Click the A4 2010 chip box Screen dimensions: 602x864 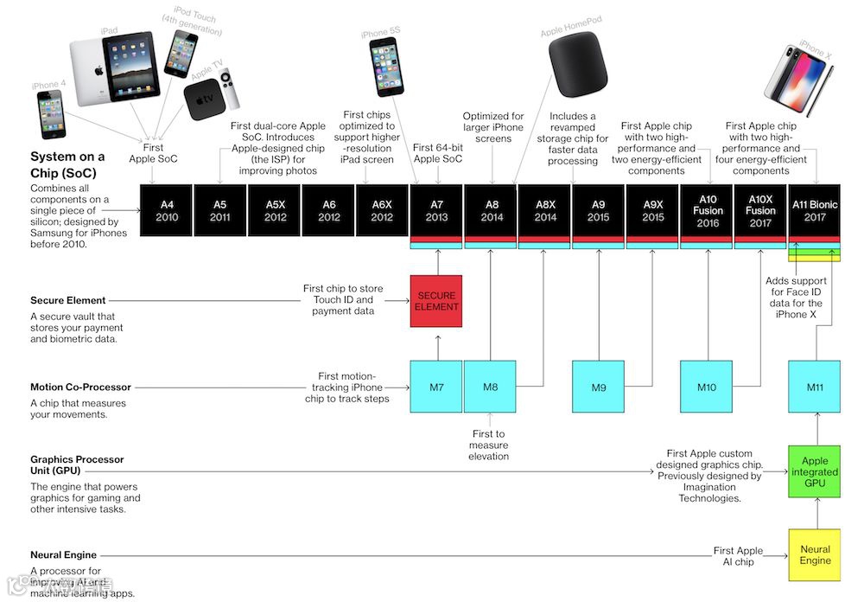(x=167, y=210)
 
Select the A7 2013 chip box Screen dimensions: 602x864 (x=436, y=210)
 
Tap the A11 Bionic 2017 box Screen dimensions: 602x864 (x=815, y=210)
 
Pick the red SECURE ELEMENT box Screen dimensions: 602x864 (x=436, y=301)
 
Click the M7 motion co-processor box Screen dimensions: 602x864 (x=436, y=387)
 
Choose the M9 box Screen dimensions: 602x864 (x=599, y=387)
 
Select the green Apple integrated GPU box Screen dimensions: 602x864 (x=815, y=472)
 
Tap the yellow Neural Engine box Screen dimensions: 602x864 (x=815, y=554)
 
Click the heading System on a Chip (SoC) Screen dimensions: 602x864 (x=67, y=163)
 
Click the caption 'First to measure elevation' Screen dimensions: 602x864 (x=489, y=445)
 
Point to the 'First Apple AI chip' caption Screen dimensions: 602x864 (x=738, y=556)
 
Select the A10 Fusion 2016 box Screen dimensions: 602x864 (x=707, y=210)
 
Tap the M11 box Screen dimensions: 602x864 (x=815, y=387)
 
